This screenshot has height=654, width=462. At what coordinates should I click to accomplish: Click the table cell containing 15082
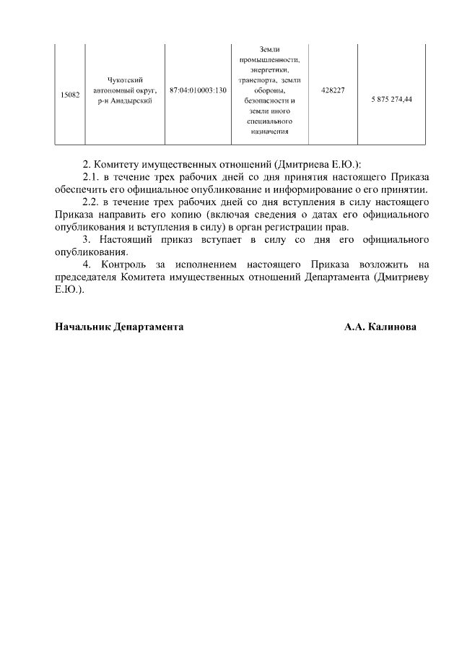(x=69, y=95)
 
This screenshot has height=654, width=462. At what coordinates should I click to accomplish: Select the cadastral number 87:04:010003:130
(x=198, y=90)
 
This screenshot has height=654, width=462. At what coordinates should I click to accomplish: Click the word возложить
(x=378, y=265)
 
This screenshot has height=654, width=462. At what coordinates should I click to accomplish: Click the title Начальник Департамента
(x=119, y=327)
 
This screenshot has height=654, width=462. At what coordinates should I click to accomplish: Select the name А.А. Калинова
(x=380, y=327)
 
